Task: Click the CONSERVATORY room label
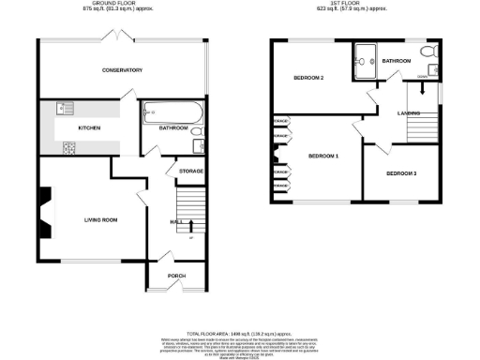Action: click(122, 70)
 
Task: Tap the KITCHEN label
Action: click(89, 127)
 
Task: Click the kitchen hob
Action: click(67, 147)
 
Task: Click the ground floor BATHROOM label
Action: click(173, 127)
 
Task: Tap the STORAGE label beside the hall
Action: click(191, 171)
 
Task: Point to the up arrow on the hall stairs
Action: click(191, 225)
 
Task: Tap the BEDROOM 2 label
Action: click(308, 78)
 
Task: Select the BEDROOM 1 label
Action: click(323, 155)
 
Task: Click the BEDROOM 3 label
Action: click(400, 172)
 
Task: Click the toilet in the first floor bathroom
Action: click(427, 51)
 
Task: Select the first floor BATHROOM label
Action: click(396, 61)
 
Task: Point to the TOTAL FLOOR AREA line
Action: click(240, 333)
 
